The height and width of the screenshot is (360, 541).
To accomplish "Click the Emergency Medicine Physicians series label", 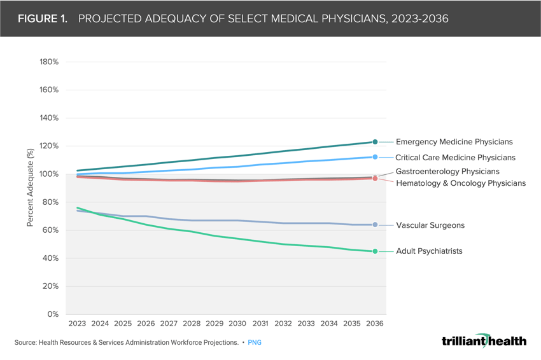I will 454,142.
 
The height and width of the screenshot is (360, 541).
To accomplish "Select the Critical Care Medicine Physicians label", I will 455,157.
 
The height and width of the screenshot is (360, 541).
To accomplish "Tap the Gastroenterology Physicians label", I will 447,172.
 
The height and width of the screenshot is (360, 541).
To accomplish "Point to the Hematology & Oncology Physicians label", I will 461,183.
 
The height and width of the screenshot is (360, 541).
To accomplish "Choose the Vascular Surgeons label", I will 430,225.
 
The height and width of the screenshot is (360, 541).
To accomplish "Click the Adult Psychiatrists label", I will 429,251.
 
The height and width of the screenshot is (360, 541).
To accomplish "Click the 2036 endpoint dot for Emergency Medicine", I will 376,142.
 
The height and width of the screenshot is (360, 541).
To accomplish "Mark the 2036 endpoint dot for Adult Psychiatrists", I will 376,251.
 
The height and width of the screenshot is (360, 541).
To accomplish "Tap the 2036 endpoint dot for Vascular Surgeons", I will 376,225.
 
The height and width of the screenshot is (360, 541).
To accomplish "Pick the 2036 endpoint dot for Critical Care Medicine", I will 376,157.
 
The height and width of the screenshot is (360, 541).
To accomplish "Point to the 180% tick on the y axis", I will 49,62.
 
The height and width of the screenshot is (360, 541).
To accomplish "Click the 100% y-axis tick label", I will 49,174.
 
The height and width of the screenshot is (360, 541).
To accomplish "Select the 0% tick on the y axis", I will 53,314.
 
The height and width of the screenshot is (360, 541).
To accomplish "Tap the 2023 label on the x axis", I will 77,324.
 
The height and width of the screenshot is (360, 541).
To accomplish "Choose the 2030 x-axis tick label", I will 237,324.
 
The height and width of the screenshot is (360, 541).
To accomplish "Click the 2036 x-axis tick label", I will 375,324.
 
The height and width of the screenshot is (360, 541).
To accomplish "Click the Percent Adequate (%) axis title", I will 30,188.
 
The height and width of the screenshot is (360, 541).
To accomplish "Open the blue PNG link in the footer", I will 254,342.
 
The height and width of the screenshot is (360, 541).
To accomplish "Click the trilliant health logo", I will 484,341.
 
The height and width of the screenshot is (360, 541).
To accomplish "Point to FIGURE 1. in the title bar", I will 43,18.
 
